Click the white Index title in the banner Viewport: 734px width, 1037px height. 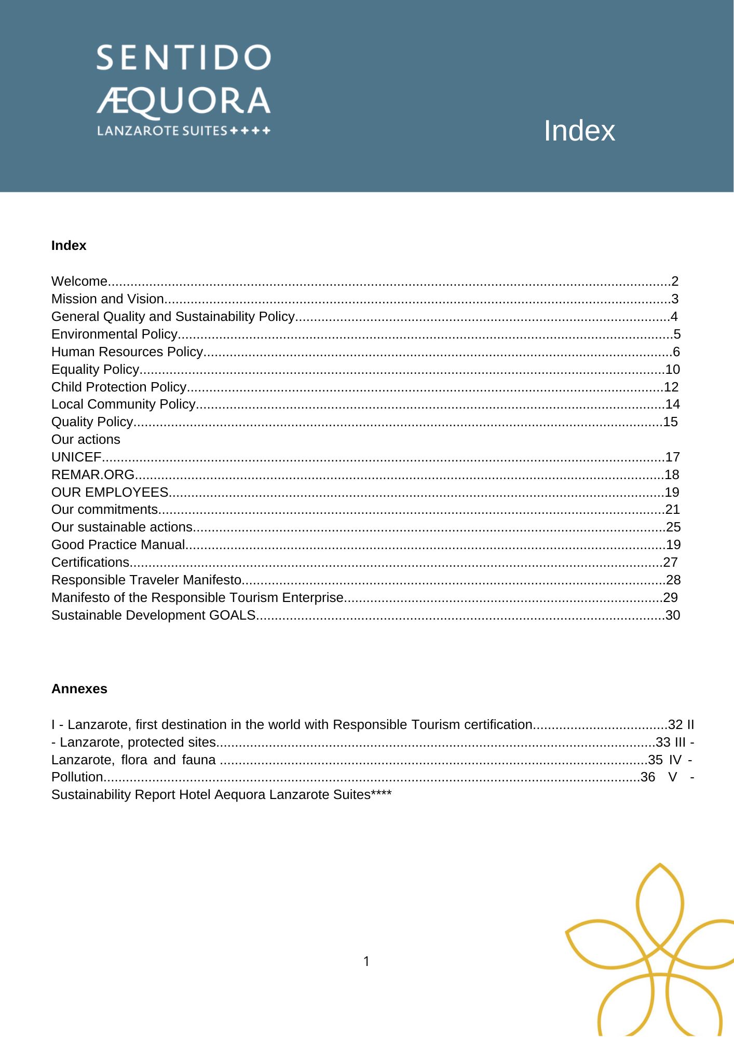point(579,131)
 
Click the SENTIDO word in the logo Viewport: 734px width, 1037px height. point(183,58)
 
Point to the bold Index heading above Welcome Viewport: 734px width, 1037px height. point(69,246)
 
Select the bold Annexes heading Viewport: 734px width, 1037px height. point(79,689)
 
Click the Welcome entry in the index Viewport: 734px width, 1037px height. point(79,282)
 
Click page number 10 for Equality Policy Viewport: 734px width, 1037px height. point(672,370)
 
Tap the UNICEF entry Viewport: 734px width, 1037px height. point(76,457)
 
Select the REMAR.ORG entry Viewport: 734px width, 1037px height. point(93,475)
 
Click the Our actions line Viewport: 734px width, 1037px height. point(86,440)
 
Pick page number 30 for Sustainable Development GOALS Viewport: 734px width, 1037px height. point(672,615)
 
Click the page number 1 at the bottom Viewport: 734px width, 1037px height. point(366,962)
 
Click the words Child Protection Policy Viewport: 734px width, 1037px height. point(119,387)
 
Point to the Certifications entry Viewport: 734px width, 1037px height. point(90,563)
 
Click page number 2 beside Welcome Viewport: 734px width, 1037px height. point(674,282)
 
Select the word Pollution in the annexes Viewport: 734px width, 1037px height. point(77,777)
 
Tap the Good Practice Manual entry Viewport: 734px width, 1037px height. point(118,545)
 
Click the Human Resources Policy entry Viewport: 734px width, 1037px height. point(127,352)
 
